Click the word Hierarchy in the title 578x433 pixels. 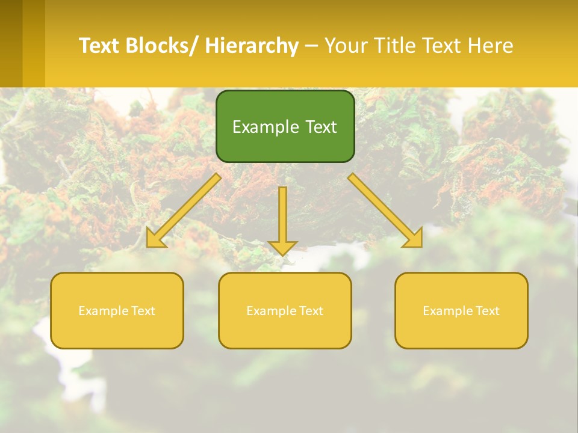point(252,46)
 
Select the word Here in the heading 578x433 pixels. point(491,46)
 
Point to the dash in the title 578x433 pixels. point(311,46)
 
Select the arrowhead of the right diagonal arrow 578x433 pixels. point(414,239)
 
